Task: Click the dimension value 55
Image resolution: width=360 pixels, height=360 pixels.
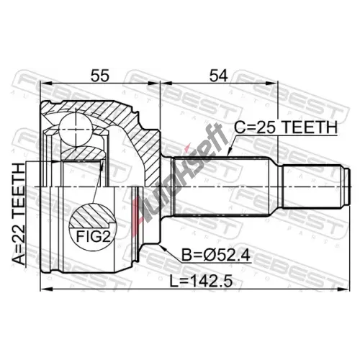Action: (100, 76)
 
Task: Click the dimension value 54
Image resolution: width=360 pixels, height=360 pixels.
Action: (218, 76)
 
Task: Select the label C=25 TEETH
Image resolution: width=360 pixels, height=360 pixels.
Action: (286, 127)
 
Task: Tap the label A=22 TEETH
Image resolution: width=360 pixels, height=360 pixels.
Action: (19, 214)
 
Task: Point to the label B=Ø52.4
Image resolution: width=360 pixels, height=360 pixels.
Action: (216, 255)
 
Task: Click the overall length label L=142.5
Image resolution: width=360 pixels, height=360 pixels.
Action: (201, 282)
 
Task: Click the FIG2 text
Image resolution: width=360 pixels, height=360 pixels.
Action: (93, 237)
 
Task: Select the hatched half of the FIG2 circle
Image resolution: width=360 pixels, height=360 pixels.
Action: (93, 216)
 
